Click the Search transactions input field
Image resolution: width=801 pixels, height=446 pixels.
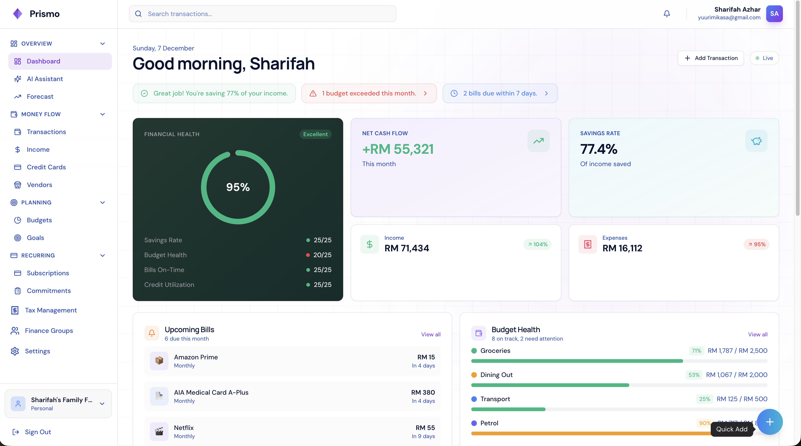tap(262, 14)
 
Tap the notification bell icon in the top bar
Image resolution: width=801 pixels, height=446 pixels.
tap(667, 14)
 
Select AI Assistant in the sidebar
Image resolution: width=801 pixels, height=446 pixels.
tap(45, 79)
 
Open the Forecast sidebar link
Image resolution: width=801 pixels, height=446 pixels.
tap(40, 96)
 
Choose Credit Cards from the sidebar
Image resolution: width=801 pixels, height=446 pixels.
tap(46, 167)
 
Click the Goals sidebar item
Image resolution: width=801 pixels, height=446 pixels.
tap(35, 238)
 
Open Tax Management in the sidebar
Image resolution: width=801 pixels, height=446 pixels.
tap(51, 310)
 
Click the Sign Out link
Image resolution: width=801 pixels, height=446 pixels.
tap(38, 432)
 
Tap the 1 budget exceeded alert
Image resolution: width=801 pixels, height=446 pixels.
tap(369, 93)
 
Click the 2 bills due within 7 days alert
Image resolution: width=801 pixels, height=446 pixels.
tap(500, 93)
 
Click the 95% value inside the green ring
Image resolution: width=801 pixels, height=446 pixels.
tap(238, 187)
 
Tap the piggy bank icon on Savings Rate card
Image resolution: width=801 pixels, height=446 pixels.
tap(756, 141)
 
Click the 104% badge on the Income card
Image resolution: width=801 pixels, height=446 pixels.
tap(537, 244)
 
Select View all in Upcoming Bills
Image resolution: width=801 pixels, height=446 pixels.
tap(431, 334)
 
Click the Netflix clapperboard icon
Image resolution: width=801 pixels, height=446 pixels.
tap(159, 431)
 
